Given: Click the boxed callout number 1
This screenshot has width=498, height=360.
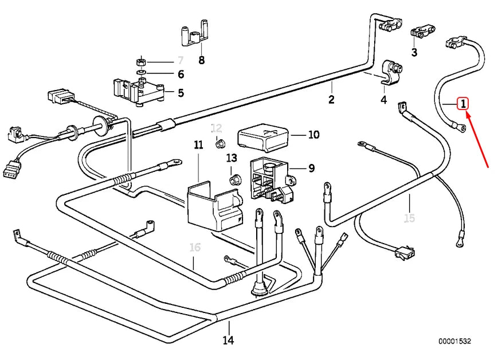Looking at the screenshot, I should click(462, 104).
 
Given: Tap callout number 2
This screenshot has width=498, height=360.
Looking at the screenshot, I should click(331, 99).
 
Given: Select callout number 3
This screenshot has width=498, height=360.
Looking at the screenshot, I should click(414, 53).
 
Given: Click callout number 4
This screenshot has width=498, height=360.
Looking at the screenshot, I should click(384, 100).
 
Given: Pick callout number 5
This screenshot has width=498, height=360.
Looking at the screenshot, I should click(181, 92).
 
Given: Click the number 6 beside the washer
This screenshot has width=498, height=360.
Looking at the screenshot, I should click(181, 75).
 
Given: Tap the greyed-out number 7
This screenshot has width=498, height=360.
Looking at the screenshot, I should click(181, 60).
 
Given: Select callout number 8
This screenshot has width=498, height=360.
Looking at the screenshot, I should click(201, 60).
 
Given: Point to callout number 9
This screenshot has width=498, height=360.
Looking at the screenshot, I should click(311, 168).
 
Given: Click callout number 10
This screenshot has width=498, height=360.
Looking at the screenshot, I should click(313, 135).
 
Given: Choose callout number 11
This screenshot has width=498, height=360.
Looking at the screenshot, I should click(198, 146).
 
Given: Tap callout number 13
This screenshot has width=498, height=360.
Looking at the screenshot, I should click(231, 158).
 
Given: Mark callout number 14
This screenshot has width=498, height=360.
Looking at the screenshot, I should click(229, 341).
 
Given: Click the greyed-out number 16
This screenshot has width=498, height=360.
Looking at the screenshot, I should click(195, 248).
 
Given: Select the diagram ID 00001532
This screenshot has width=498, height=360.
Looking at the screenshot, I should click(454, 342).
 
